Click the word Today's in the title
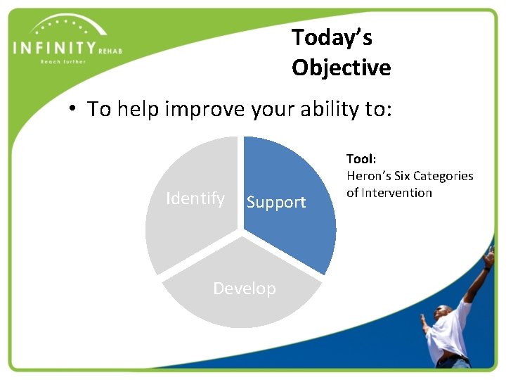[x=331, y=37]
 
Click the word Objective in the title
[x=341, y=68]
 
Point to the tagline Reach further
[x=63, y=62]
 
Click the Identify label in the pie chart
[x=195, y=199]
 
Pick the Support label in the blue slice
[x=276, y=203]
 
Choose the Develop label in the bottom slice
[x=244, y=289]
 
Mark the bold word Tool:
[x=361, y=160]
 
